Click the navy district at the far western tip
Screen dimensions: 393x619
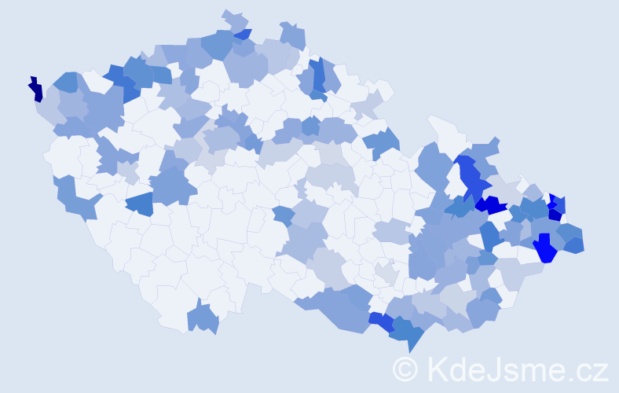(35, 90)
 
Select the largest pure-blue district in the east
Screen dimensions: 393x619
(545, 249)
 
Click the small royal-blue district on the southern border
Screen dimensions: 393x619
(382, 321)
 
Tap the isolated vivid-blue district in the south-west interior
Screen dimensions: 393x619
(140, 204)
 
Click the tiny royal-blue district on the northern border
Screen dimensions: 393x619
(243, 34)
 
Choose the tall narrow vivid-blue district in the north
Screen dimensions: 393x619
(318, 75)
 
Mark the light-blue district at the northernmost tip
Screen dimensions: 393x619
(235, 20)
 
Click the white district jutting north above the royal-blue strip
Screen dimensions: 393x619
(444, 130)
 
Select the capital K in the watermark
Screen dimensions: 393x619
(436, 369)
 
